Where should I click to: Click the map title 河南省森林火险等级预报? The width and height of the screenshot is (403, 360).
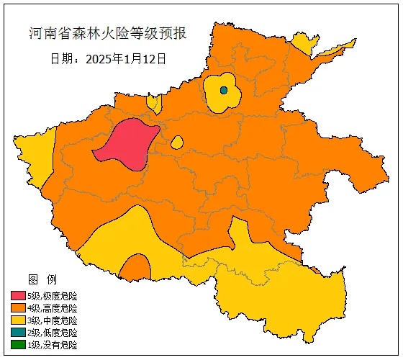point(108,34)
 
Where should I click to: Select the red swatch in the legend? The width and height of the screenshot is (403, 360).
point(19,296)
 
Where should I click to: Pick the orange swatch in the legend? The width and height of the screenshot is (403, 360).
point(19,308)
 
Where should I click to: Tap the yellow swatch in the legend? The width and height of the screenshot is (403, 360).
point(19,320)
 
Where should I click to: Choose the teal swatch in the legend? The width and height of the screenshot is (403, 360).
point(19,333)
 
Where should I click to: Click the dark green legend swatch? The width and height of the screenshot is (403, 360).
point(19,345)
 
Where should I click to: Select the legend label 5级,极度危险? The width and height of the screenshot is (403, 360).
point(53,296)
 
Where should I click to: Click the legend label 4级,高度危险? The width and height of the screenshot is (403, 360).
point(53,308)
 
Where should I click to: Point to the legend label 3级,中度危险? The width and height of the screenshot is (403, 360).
point(53,320)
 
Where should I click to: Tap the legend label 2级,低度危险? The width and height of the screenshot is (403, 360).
point(53,333)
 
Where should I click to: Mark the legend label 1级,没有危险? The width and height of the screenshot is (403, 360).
point(53,345)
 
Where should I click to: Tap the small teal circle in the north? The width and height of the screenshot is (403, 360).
point(224,90)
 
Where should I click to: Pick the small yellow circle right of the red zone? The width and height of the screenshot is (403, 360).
point(177,143)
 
